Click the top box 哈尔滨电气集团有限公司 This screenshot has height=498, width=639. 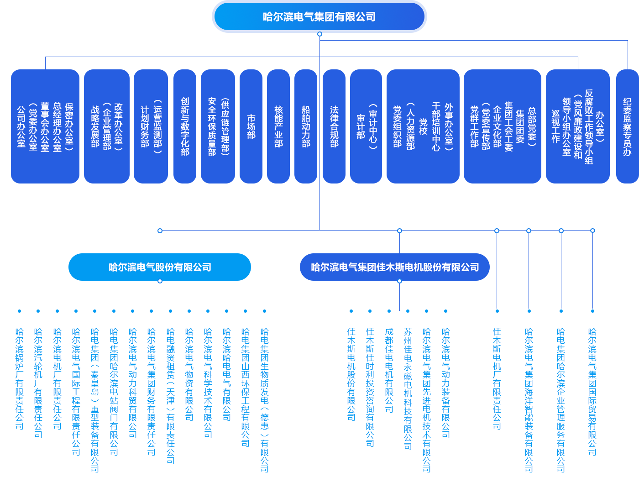319,16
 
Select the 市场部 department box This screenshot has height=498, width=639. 251,126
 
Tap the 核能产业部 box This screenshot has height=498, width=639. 278,126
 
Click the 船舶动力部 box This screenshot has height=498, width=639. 305,126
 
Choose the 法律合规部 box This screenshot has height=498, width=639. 334,126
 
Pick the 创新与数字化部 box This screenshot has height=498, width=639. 185,126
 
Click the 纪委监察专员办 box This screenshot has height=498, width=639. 628,126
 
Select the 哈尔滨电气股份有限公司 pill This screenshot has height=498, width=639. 160,267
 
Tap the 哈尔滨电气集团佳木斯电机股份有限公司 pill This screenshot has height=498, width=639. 395,267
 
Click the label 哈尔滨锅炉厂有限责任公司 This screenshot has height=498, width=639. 20,379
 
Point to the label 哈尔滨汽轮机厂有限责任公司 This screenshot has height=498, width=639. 38,383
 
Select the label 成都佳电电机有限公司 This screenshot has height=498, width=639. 389,370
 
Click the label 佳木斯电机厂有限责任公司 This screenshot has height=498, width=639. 497,379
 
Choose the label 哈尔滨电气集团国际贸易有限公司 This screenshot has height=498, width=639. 592,392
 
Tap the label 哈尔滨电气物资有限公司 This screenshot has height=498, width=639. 189,374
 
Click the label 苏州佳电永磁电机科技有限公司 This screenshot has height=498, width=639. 408,389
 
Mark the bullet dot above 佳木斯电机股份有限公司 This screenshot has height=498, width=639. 351,311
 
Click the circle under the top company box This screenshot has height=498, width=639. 319,34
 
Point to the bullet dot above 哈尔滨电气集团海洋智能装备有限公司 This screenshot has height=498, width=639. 529,311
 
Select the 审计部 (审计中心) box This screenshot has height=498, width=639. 366,126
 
